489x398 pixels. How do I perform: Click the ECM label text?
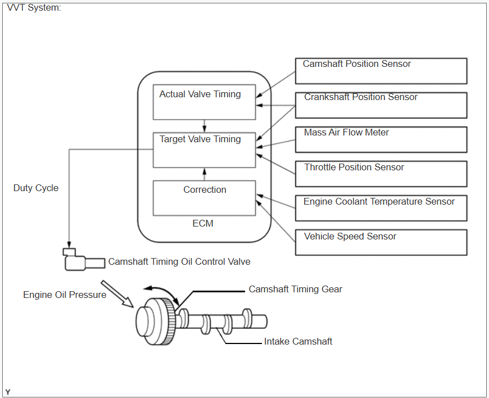(203, 223)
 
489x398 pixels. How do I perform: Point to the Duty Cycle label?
(36, 188)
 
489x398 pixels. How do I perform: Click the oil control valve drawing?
(84, 260)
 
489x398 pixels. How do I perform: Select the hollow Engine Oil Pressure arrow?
(117, 294)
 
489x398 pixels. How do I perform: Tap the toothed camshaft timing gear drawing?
(167, 322)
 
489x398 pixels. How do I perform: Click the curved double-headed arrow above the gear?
(162, 292)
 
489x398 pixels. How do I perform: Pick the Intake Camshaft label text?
(298, 342)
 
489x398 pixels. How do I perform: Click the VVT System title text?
(34, 7)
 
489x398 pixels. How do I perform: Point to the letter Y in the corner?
(8, 392)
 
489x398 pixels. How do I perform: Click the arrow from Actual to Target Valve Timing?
(204, 126)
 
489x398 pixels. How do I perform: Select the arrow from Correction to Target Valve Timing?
(204, 174)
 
